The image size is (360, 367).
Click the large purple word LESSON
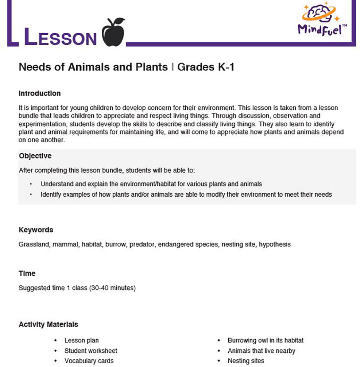point(60,37)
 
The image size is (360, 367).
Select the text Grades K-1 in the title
point(205,67)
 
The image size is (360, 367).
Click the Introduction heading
point(39,93)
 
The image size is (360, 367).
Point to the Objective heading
point(35,156)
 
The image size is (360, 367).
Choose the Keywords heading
point(36,230)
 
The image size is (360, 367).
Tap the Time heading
point(27,273)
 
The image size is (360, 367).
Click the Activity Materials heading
point(48,324)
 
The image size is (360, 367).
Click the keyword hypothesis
point(275,244)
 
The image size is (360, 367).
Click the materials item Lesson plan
point(81,340)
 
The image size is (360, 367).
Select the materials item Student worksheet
point(91,351)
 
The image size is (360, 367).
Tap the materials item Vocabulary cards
point(89,361)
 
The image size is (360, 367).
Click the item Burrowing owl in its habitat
point(266,340)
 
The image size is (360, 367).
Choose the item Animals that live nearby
point(261,351)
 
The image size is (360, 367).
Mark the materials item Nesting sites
point(246,361)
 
